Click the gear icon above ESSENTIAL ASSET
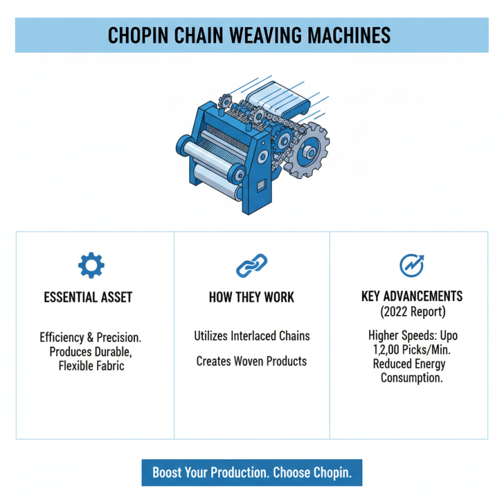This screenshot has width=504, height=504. [91, 265]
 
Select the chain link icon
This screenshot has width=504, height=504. [251, 265]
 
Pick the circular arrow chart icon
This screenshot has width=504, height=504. [412, 265]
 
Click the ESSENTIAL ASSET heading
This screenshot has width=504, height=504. [88, 297]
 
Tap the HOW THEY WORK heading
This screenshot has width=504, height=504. [251, 297]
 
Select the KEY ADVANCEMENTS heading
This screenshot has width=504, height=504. [412, 296]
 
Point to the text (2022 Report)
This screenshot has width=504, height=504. [412, 311]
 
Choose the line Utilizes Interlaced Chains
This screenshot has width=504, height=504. [251, 336]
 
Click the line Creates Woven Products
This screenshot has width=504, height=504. [251, 361]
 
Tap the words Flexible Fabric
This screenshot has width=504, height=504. [88, 365]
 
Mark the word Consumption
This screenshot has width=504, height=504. [412, 377]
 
